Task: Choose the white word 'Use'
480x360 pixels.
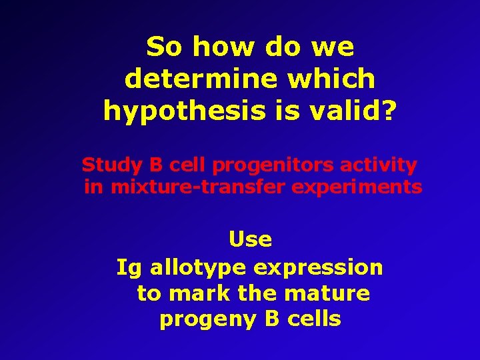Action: pos(250,239)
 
